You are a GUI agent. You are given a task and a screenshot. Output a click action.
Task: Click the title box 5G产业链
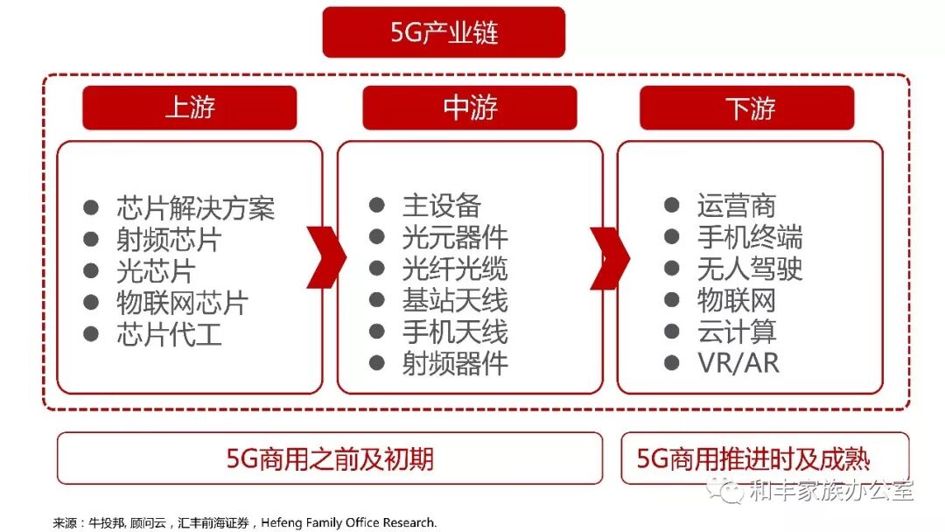(x=444, y=33)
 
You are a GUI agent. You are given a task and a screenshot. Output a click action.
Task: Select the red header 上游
(x=190, y=108)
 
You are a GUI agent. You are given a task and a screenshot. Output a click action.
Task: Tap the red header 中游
(x=470, y=108)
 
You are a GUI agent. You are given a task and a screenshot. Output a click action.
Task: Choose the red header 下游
(x=750, y=108)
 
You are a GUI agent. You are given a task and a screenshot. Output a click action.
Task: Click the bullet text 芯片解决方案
(x=195, y=208)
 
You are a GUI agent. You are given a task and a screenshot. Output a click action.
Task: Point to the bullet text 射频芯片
(x=169, y=240)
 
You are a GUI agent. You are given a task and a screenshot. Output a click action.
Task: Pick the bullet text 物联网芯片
(x=182, y=303)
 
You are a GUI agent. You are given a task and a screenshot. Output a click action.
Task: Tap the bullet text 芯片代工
(x=169, y=334)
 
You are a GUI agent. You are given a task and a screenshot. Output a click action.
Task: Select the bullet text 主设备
(x=442, y=206)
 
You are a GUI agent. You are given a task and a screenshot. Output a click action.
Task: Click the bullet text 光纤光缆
(x=455, y=269)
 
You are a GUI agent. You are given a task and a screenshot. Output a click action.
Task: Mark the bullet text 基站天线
(x=455, y=300)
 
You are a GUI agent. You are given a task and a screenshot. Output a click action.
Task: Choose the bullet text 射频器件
(x=455, y=363)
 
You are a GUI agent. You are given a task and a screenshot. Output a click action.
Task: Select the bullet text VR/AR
(x=738, y=363)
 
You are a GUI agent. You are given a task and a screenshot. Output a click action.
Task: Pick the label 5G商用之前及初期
(x=330, y=458)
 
